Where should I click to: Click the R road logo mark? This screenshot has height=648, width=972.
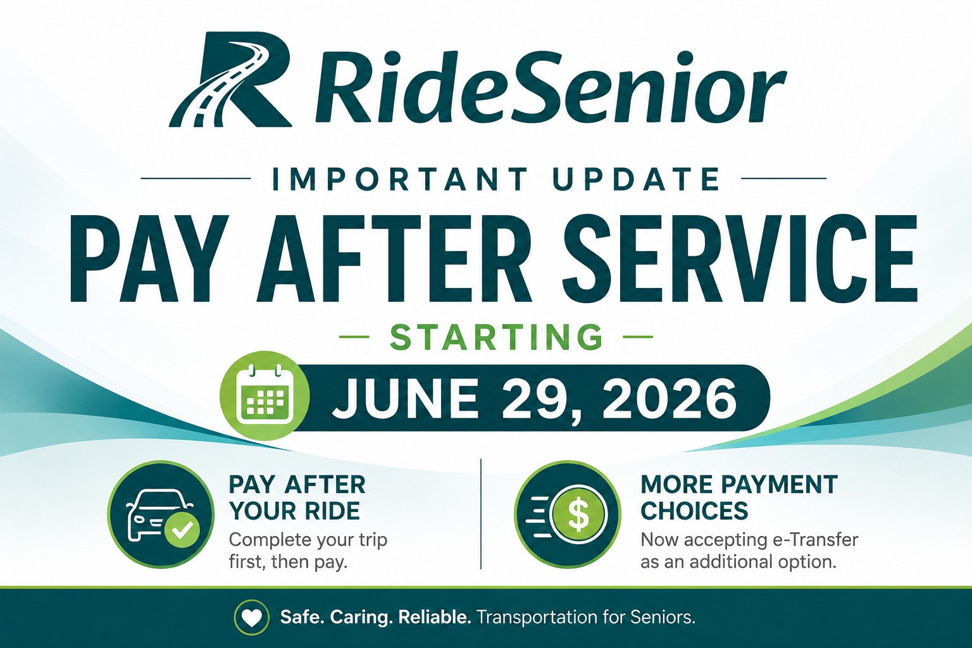click(230, 80)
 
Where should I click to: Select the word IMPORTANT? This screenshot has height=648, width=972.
click(400, 179)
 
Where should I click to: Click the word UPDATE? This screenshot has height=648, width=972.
click(636, 179)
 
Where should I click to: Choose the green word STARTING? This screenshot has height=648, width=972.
click(496, 337)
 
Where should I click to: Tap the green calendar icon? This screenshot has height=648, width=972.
click(265, 396)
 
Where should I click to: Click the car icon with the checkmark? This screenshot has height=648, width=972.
click(161, 514)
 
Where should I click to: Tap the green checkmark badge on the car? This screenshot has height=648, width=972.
click(182, 530)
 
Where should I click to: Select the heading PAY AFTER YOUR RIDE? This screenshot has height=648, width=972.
click(297, 497)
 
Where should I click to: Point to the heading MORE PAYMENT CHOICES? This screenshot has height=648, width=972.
click(739, 497)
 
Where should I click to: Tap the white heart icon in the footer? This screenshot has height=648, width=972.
click(252, 617)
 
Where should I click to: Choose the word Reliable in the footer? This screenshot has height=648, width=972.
click(435, 617)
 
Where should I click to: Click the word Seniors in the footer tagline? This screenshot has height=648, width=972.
click(663, 617)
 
